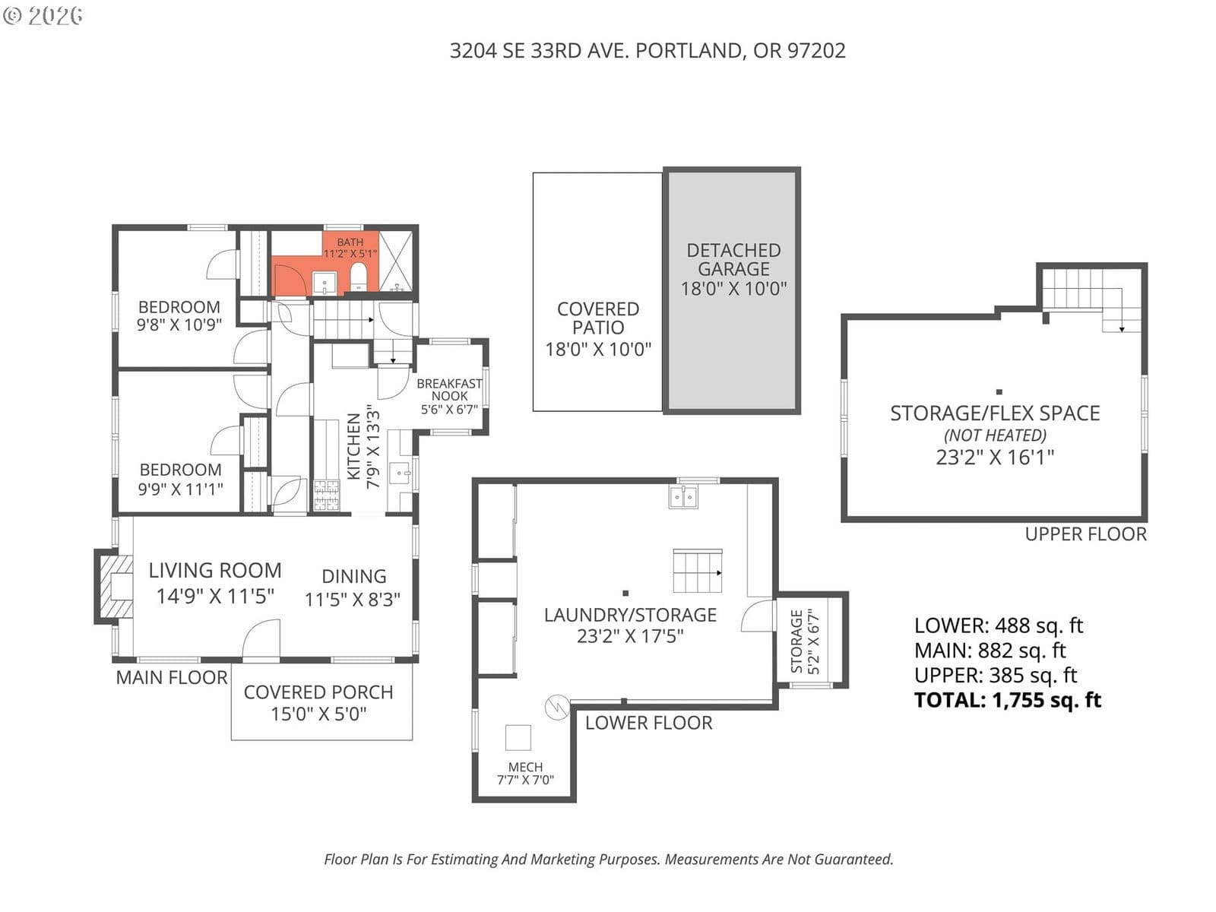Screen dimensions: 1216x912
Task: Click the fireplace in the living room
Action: click(115, 587)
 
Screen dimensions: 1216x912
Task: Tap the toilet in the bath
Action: click(359, 276)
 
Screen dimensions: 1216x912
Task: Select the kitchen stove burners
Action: click(326, 495)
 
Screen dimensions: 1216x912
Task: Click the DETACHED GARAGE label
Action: click(733, 269)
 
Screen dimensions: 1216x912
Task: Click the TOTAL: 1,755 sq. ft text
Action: click(1007, 700)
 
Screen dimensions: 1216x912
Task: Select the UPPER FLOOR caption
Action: click(1085, 534)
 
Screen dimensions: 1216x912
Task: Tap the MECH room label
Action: click(525, 773)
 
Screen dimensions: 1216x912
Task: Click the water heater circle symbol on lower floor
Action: click(557, 707)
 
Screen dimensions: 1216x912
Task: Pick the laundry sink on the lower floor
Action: click(683, 497)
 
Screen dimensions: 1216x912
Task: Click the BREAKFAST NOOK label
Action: click(449, 390)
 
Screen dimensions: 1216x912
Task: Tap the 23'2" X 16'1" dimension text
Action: click(995, 458)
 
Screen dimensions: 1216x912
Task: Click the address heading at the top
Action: click(647, 51)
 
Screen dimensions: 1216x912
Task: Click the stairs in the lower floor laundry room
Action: click(698, 571)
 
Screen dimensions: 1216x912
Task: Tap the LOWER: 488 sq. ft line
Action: click(999, 625)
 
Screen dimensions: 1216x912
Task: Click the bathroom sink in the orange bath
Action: click(324, 283)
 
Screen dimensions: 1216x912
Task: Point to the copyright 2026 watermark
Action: click(43, 15)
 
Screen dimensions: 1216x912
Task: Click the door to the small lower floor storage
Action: click(758, 615)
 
